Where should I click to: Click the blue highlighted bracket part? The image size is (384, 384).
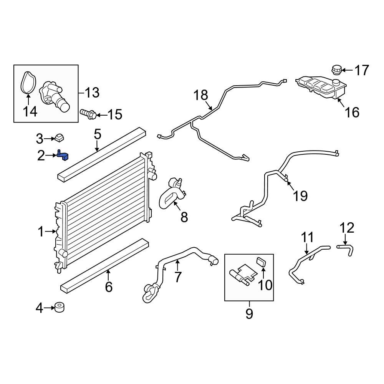pyautogui.click(x=63, y=156)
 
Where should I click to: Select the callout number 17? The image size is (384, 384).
pyautogui.click(x=361, y=70)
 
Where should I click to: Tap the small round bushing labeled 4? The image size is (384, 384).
pyautogui.click(x=59, y=308)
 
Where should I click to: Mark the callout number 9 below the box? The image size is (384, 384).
pyautogui.click(x=249, y=314)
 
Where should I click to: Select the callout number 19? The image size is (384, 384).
pyautogui.click(x=300, y=196)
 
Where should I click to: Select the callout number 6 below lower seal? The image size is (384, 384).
pyautogui.click(x=109, y=286)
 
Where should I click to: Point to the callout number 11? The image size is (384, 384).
pyautogui.click(x=307, y=237)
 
